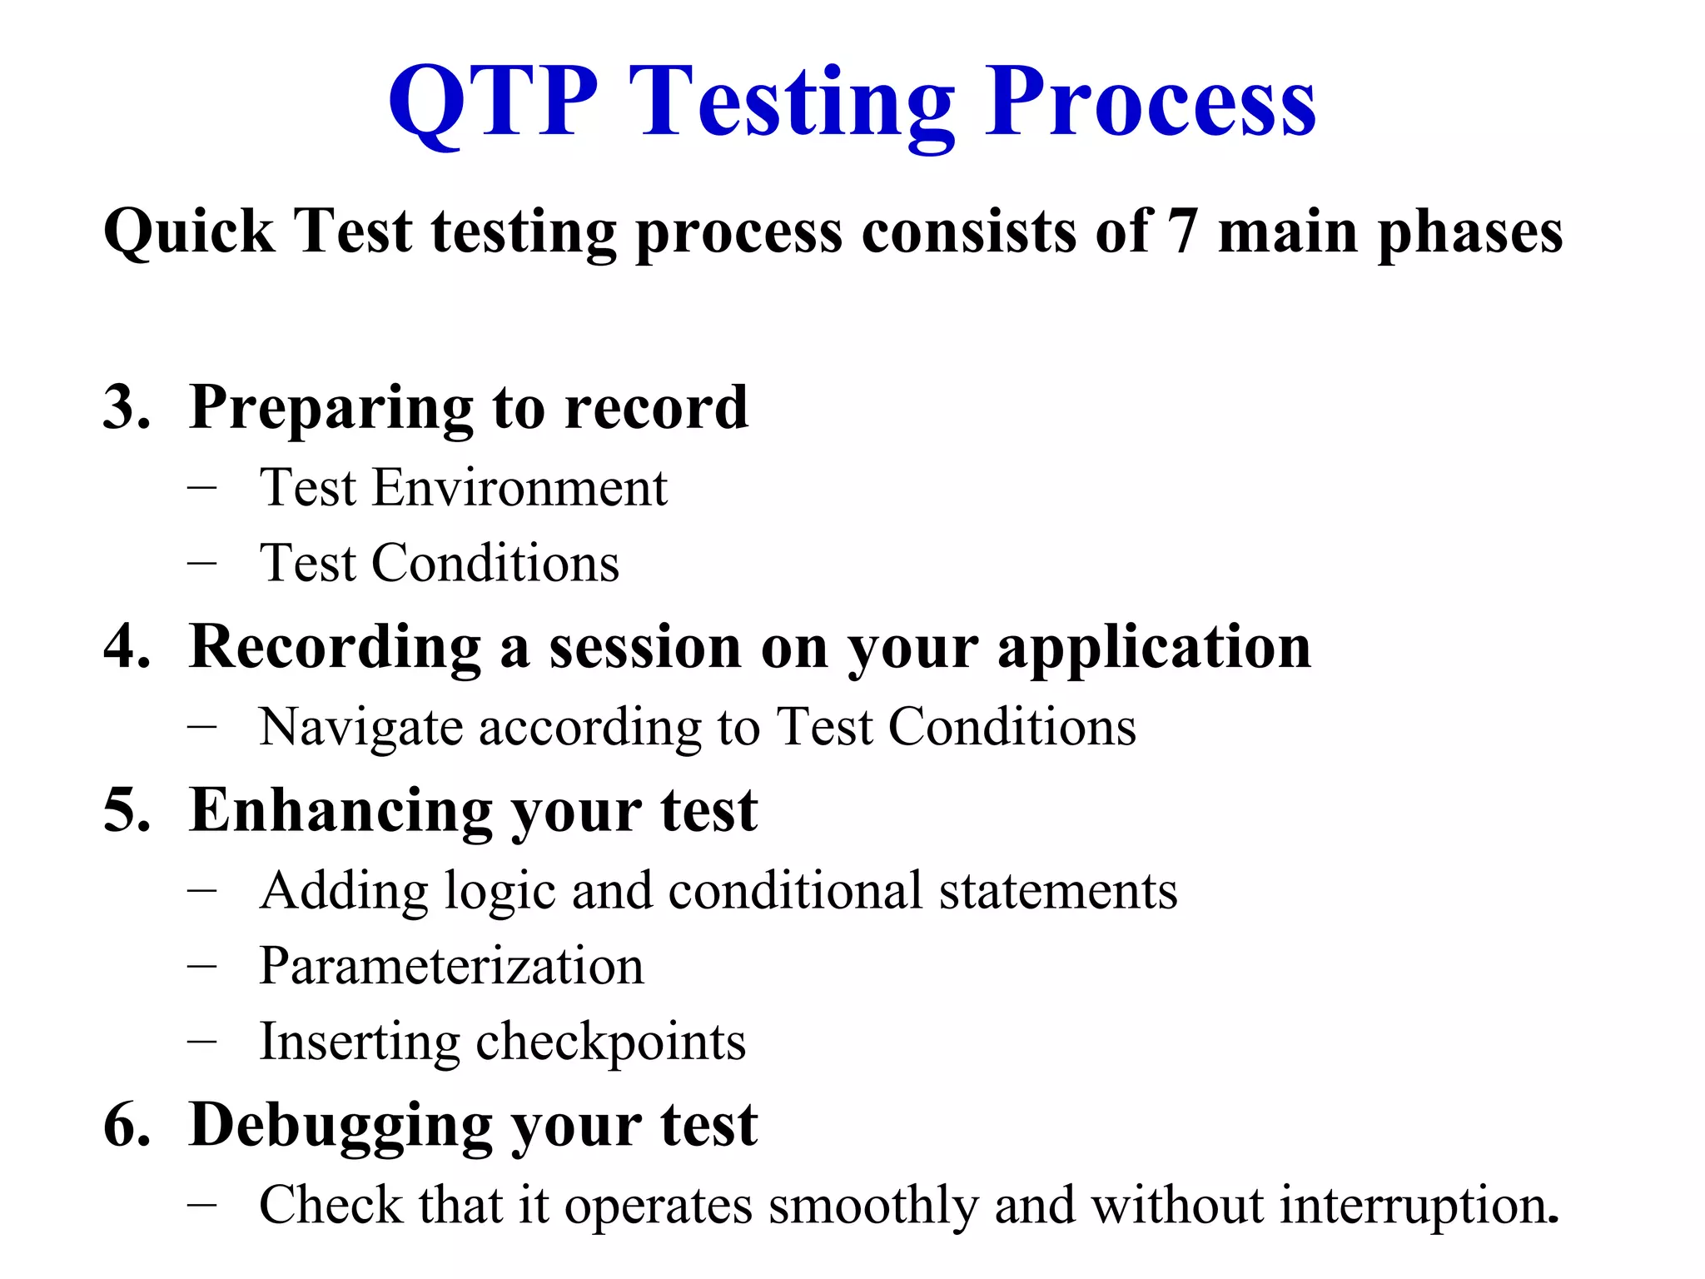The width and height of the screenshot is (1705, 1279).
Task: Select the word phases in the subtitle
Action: coord(1470,233)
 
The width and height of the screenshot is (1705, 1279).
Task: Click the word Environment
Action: coord(519,487)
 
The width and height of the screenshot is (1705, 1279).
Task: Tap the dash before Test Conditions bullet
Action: coord(202,564)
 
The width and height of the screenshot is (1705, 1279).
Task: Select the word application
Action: coord(1154,648)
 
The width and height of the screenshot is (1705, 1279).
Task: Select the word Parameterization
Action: coord(451,966)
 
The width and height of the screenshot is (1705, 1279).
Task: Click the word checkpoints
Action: coord(610,1043)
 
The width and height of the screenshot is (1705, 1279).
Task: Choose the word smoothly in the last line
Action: coord(872,1206)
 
